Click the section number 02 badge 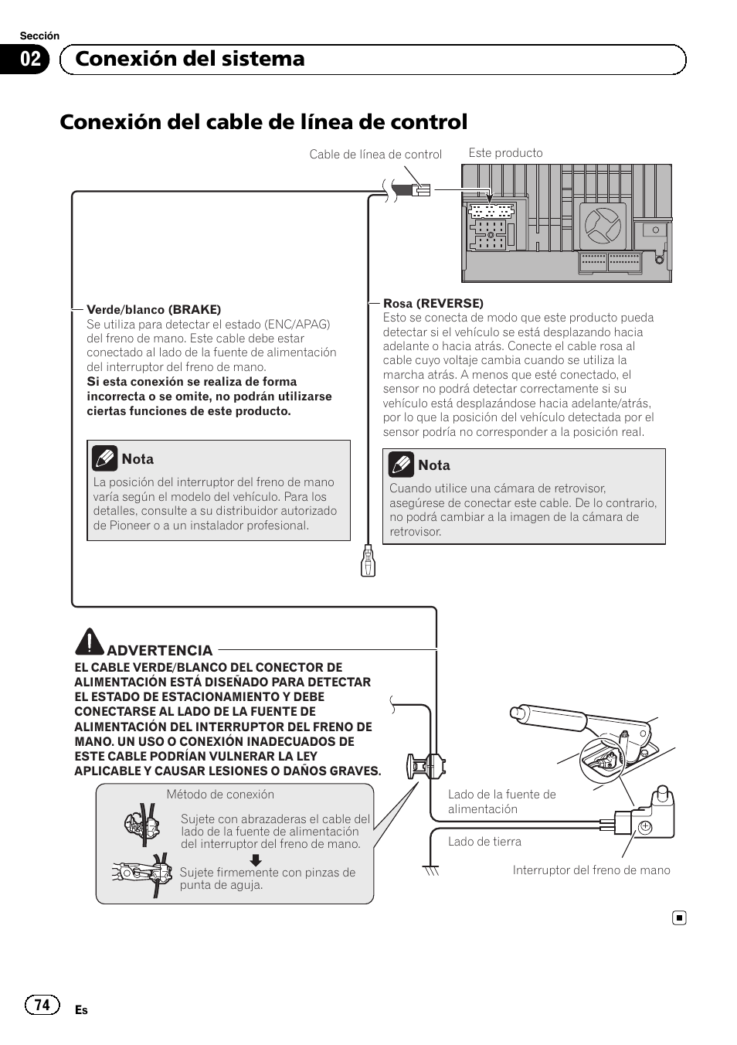point(30,60)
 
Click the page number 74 point(42,1004)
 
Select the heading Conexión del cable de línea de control point(263,122)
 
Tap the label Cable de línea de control point(375,155)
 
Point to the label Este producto point(505,153)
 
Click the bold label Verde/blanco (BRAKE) point(154,309)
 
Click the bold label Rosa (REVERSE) point(433,303)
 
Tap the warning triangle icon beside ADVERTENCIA point(90,642)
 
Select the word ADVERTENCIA point(159,650)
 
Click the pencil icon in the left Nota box point(104,458)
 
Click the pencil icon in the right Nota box point(401,465)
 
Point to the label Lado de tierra point(484,842)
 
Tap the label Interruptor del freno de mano point(591,870)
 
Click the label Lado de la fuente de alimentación point(501,802)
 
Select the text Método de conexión point(220,795)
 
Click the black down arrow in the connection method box point(255,860)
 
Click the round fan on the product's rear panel point(603,225)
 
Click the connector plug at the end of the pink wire point(368,561)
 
